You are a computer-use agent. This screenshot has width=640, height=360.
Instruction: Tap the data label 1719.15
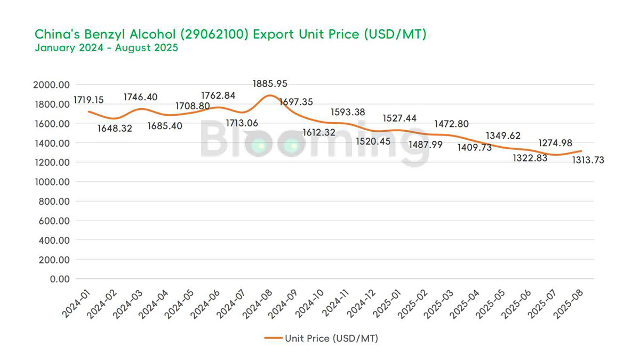point(89,100)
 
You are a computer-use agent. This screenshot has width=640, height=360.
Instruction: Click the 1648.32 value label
point(115,129)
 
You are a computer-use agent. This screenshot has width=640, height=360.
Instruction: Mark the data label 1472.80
point(452,124)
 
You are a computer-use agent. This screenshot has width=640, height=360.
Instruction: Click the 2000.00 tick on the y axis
point(51,85)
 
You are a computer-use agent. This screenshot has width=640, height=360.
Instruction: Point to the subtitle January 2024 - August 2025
point(106,47)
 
